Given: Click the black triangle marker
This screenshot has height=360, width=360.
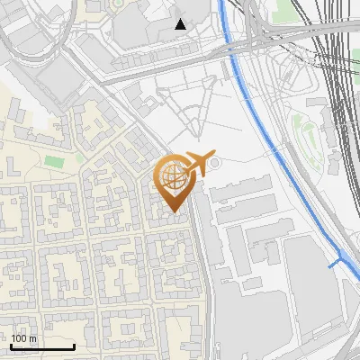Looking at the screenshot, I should [181, 24].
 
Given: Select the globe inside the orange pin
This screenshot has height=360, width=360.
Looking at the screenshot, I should [174, 178].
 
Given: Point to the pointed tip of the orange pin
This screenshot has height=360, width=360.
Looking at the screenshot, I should [174, 213].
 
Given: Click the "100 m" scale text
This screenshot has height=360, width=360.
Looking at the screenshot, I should [24, 337].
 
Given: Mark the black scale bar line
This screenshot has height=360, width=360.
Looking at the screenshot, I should [42, 346].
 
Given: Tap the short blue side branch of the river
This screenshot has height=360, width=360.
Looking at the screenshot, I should [336, 263].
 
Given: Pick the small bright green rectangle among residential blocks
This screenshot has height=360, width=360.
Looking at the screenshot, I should [55, 161].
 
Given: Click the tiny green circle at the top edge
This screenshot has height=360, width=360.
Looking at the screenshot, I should [118, 4].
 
